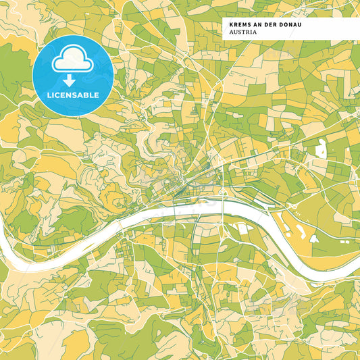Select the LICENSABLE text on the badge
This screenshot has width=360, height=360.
pos(72,94)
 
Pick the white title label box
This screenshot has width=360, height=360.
pos(290,28)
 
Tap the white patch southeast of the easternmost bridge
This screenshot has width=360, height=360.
pos(243,229)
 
